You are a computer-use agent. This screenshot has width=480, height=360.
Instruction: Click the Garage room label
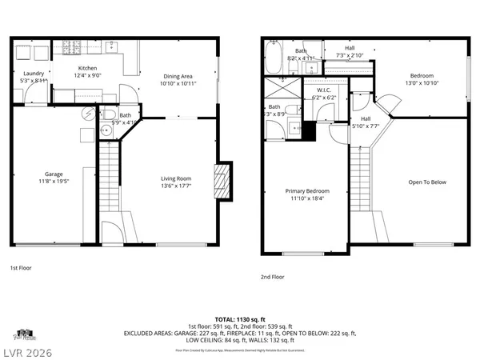tap(54, 174)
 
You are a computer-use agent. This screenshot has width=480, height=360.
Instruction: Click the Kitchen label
tap(87, 69)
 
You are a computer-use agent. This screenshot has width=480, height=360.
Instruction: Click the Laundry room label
tap(33, 74)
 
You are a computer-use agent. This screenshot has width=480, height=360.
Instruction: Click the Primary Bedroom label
tap(307, 191)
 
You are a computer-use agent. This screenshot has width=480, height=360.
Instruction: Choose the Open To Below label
tap(428, 182)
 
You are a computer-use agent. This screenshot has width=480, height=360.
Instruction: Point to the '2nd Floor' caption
tap(273, 277)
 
